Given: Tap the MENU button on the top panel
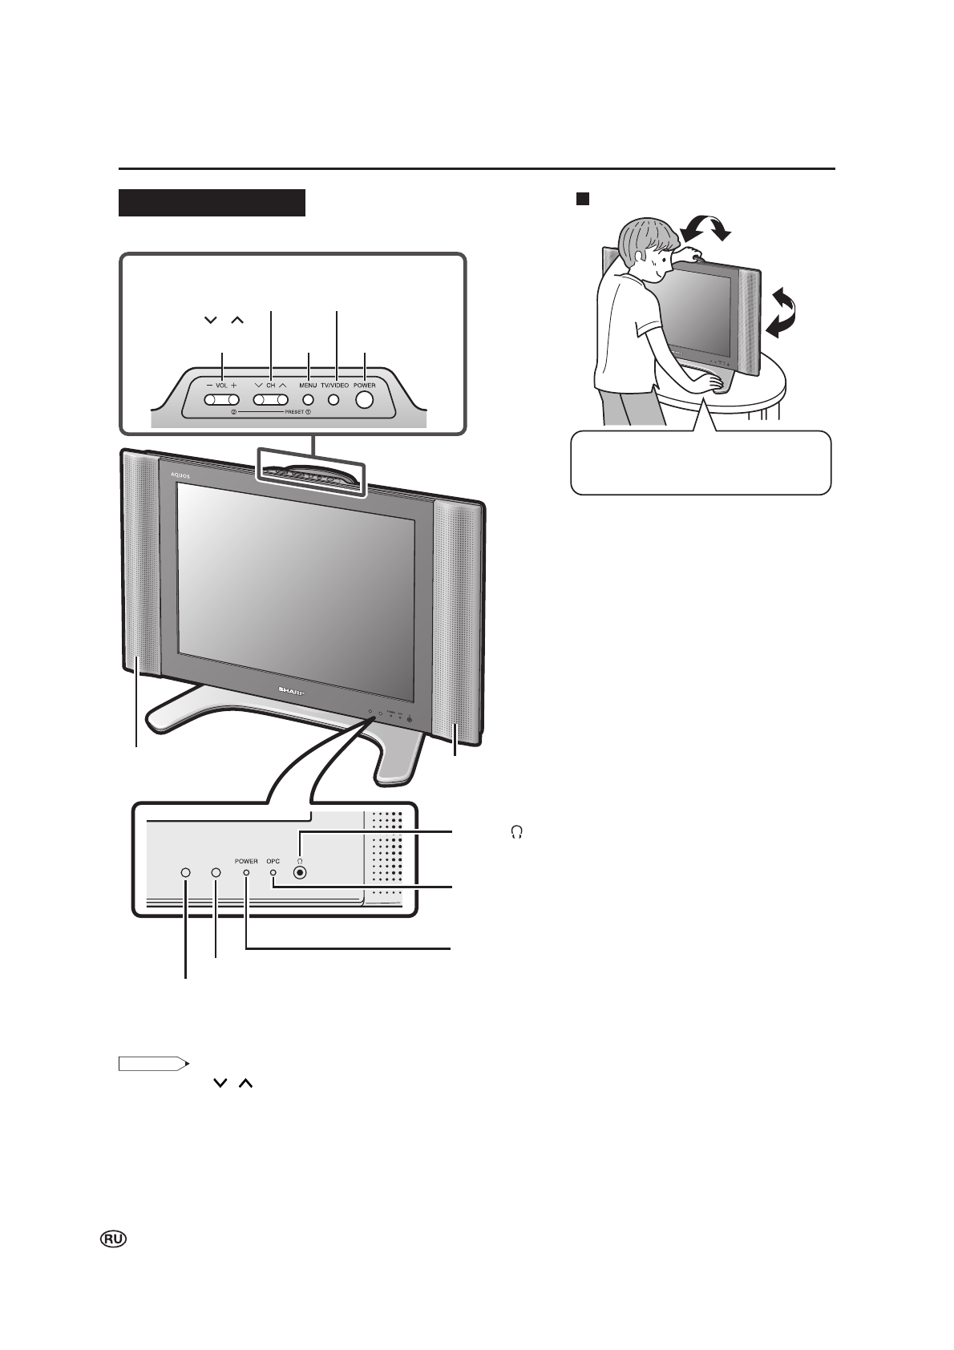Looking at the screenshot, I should (308, 399).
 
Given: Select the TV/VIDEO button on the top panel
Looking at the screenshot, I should (334, 399).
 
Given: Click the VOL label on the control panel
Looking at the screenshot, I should (222, 385).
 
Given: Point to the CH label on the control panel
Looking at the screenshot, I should (270, 385).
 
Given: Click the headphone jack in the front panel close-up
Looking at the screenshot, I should (300, 873).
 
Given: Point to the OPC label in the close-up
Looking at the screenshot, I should (273, 862).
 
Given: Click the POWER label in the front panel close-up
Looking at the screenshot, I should (246, 862).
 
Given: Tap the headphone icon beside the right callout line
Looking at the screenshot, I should (515, 834).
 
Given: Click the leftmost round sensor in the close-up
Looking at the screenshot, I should (185, 873).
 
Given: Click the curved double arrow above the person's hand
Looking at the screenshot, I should (705, 229).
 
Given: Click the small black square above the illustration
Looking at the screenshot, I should (583, 198).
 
